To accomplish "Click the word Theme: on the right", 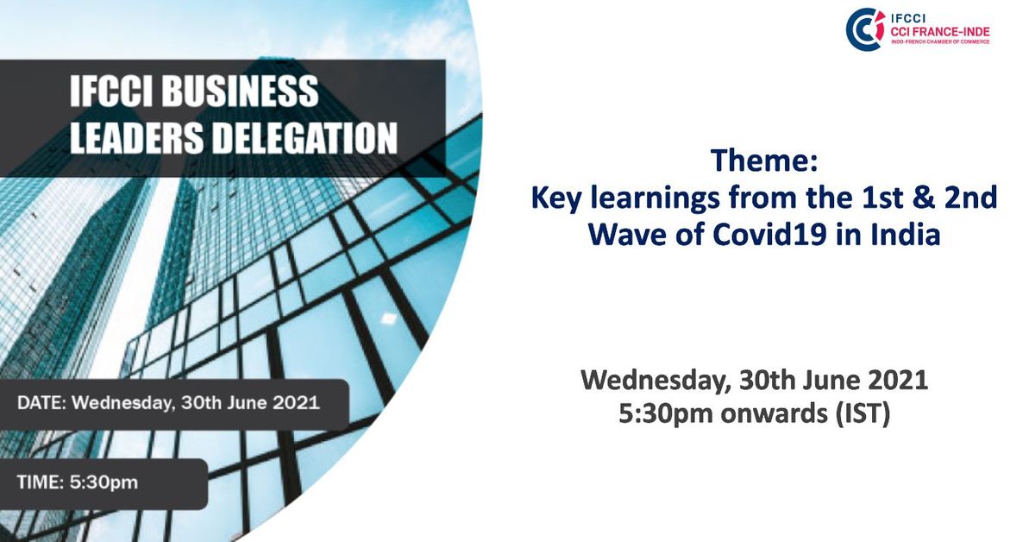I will pyautogui.click(x=763, y=161).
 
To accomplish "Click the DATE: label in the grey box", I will pyautogui.click(x=42, y=403).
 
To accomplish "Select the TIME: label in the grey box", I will pyautogui.click(x=41, y=482).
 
